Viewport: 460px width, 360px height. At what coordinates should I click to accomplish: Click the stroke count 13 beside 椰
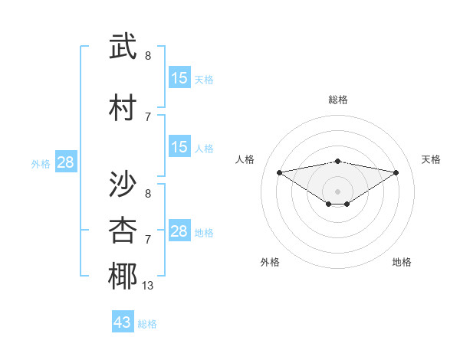point(148,286)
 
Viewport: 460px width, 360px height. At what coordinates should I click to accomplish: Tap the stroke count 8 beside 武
point(148,56)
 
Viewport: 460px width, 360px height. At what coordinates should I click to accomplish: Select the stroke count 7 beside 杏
point(148,240)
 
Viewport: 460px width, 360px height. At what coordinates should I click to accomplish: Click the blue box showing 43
point(123,322)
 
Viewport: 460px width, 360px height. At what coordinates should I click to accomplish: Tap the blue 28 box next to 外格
point(65,162)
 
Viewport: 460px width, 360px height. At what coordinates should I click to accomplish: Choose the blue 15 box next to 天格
point(179,78)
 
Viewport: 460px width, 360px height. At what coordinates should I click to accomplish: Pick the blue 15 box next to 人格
point(179,147)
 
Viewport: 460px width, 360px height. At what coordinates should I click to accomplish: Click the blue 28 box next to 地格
point(179,231)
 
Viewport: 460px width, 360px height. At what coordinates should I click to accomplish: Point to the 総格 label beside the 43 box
point(148,324)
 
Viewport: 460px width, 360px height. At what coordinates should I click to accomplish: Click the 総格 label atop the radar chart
point(338,100)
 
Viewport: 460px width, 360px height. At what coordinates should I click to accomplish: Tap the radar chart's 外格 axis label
point(270,262)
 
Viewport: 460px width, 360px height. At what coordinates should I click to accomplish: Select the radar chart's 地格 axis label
point(402,262)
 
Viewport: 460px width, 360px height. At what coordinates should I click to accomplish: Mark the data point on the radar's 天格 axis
point(396,172)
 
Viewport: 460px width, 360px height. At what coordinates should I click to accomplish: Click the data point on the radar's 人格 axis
point(279,172)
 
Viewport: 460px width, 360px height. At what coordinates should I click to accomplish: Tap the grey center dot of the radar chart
point(337,191)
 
